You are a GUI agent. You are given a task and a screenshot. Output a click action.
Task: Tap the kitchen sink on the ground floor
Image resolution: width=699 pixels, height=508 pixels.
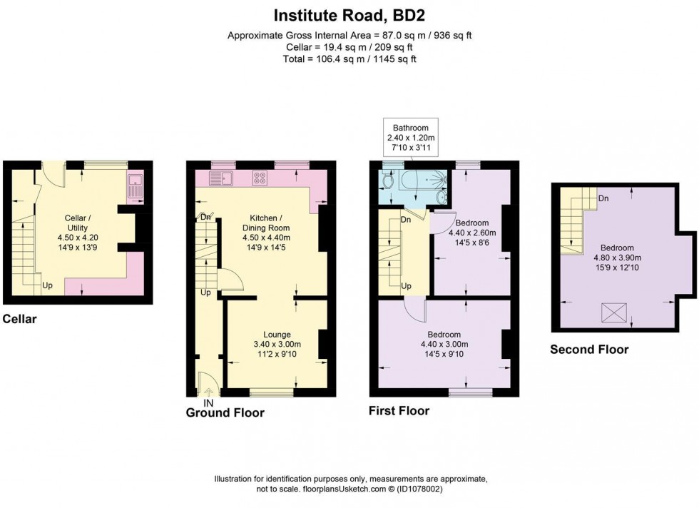221,177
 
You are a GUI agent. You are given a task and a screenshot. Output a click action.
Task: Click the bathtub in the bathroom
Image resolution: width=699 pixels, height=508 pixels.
417,183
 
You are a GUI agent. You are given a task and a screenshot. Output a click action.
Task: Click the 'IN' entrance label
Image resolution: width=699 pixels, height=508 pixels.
208,402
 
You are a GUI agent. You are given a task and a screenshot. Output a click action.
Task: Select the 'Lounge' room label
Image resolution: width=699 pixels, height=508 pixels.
277,334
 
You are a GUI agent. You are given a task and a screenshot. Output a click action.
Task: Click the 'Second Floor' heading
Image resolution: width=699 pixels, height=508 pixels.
589,350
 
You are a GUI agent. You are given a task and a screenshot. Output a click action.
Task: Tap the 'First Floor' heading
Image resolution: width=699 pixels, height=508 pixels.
399,411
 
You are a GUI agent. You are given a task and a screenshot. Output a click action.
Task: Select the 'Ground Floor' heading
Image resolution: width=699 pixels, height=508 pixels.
225,413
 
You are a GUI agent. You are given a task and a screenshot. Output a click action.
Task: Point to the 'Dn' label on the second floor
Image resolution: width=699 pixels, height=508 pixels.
603,198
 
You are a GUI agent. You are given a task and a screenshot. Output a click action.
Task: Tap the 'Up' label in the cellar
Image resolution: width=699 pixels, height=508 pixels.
48,285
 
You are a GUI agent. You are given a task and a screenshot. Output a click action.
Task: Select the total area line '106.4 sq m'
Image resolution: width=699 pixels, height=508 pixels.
349,59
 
